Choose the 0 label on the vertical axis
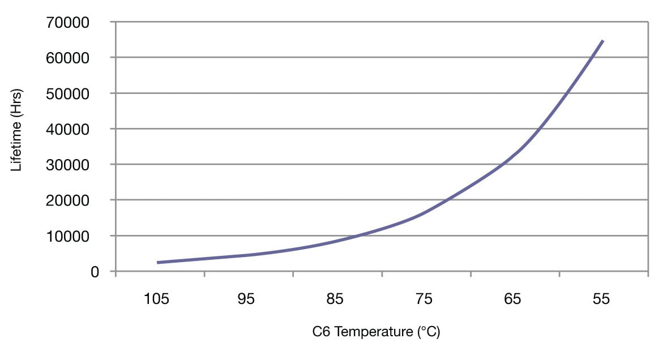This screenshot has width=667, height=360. click(95, 272)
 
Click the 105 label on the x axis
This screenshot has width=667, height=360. click(157, 299)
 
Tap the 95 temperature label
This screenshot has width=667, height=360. click(246, 299)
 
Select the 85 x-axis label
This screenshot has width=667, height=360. click(335, 299)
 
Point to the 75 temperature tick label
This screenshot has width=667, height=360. click(424, 299)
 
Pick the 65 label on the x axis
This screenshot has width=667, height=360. click(512, 299)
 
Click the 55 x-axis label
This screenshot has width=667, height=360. click(601, 299)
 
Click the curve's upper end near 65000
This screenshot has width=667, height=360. click(603, 41)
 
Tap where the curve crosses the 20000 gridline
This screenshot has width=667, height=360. click(447, 200)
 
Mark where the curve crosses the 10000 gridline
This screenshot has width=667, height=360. click(357, 235)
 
